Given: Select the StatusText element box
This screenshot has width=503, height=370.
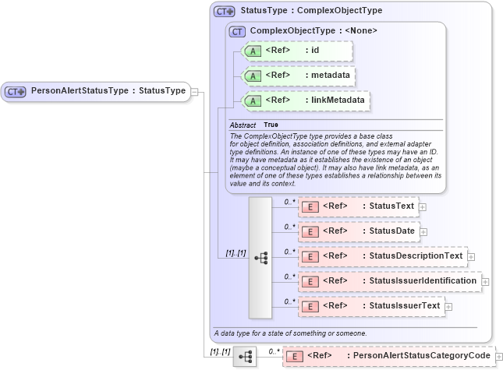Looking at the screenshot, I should click(x=359, y=206).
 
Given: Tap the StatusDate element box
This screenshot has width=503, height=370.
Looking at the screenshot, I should click(x=360, y=231).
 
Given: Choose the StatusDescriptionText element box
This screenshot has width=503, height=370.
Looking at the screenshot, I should click(x=382, y=255).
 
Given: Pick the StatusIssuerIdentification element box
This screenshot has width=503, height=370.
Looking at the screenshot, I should click(x=389, y=280).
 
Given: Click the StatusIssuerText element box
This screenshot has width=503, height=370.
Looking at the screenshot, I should click(x=370, y=305).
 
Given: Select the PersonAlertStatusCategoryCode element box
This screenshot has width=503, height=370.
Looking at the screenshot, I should click(x=388, y=356).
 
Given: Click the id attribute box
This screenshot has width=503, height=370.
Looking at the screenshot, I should click(x=297, y=51).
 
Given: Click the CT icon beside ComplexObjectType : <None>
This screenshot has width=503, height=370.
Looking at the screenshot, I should click(x=236, y=30).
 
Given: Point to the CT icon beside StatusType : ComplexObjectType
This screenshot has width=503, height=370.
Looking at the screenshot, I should click(x=225, y=12).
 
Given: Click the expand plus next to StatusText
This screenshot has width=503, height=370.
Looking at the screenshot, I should click(x=423, y=206).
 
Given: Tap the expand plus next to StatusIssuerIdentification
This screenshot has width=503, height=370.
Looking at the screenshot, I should click(x=485, y=281).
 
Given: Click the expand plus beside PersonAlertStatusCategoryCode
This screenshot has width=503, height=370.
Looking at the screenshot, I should click(x=498, y=357).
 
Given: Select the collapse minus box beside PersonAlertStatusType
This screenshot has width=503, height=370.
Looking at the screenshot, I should click(x=194, y=91).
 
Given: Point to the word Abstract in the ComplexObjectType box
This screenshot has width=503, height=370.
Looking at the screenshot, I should click(x=243, y=125).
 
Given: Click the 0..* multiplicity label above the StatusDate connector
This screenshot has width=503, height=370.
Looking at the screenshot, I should click(x=289, y=226).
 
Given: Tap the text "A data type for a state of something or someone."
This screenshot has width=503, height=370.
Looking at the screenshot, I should click(x=290, y=333).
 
